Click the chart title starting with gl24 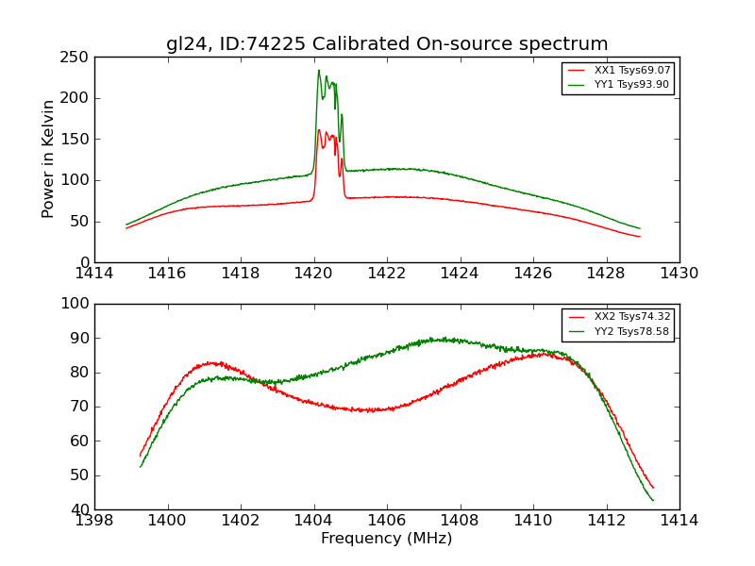[x=387, y=44]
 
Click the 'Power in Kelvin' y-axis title [x=49, y=159]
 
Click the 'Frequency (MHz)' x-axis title [x=387, y=539]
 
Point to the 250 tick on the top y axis [x=77, y=58]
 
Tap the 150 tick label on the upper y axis [x=77, y=140]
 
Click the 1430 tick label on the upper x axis [x=679, y=274]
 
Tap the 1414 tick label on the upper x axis [x=95, y=274]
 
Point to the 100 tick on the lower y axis [x=77, y=304]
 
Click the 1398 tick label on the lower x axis [x=95, y=521]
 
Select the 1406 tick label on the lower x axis [x=387, y=521]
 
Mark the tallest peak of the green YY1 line [x=319, y=70]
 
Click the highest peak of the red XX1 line [x=319, y=130]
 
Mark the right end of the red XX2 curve [x=653, y=488]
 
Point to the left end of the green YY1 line [x=126, y=225]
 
